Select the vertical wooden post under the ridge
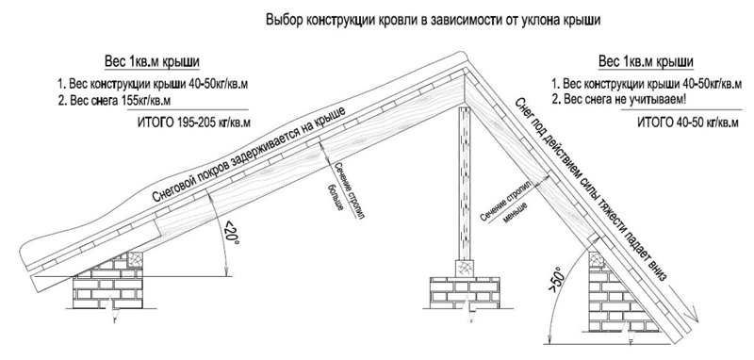[466, 183]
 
